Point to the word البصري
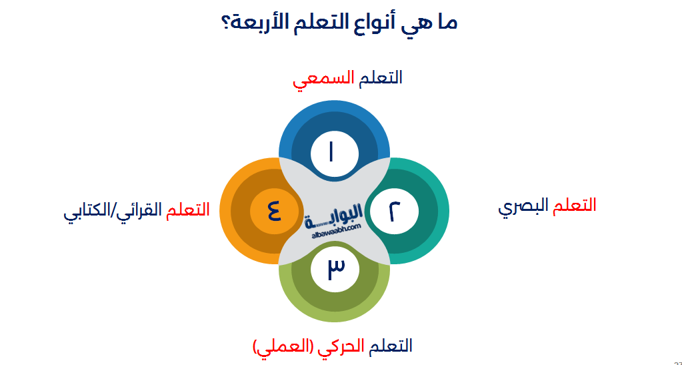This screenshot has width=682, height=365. click(523, 206)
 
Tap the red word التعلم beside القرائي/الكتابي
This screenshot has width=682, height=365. click(189, 210)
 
